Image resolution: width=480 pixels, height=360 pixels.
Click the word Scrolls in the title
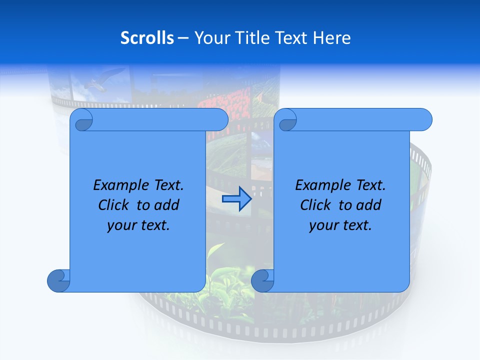tap(147, 38)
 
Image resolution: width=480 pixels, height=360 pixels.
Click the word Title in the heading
tap(250, 38)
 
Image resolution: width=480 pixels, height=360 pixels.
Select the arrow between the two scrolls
tap(236, 199)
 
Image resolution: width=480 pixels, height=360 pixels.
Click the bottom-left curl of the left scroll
tap(58, 280)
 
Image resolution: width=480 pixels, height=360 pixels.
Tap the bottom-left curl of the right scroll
tap(262, 280)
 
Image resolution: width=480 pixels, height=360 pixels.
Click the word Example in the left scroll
tap(118, 185)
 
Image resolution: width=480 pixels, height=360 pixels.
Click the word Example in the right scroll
tap(320, 185)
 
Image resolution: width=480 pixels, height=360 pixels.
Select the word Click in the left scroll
tap(115, 205)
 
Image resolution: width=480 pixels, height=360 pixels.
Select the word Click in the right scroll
tap(315, 205)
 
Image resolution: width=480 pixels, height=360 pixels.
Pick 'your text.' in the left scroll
tap(138, 225)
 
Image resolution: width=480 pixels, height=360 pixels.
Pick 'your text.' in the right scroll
tap(340, 225)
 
